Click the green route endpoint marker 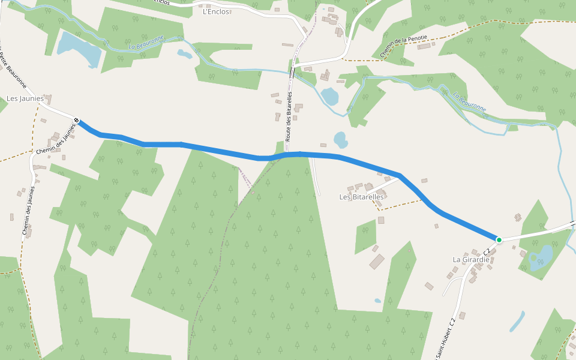coord(499,239)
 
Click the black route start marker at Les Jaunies coord(77,121)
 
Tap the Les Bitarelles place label coord(361,197)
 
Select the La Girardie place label coord(471,259)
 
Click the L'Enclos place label coord(217,11)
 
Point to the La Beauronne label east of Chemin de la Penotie coord(470,102)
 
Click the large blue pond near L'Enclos coord(78,49)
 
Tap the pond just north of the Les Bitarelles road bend coord(340,140)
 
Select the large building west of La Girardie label coord(377,262)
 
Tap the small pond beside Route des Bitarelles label coord(329,96)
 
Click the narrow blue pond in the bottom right coord(517,322)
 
